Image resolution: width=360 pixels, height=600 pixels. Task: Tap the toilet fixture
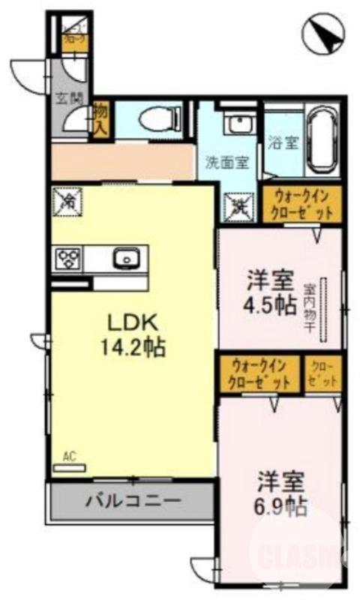(x=160, y=118)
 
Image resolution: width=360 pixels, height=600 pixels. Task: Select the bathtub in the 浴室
(x=320, y=140)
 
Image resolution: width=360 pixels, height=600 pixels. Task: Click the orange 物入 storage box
(x=101, y=120)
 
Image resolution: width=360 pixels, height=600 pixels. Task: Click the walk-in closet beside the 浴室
(x=302, y=203)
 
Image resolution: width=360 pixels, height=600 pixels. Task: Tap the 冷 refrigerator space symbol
(x=67, y=201)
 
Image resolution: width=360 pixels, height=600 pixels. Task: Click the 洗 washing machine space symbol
(x=239, y=202)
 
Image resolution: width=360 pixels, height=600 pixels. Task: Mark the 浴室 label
(x=286, y=142)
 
